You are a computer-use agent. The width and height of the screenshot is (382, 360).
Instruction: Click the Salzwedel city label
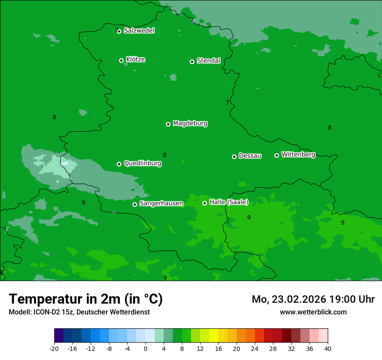pos(139,31)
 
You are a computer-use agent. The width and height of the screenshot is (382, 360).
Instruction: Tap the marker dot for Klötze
pos(121,60)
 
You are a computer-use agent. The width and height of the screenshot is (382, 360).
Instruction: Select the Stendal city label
pos(208,61)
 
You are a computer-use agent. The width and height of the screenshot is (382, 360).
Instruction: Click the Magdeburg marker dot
pos(168,124)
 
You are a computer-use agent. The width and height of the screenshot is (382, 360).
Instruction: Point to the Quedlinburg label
pos(142,164)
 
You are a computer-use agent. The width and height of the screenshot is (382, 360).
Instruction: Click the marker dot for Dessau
pos(234,157)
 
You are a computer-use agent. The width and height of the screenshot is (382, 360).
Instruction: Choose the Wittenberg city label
pos(298,155)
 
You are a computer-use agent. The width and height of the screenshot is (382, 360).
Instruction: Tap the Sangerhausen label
pos(161,203)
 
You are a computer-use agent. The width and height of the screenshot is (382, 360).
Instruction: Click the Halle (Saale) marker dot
pos(204,203)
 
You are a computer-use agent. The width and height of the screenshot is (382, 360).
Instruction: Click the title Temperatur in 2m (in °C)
pos(86,299)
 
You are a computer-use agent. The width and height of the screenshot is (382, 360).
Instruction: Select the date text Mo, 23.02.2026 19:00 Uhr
pos(313,299)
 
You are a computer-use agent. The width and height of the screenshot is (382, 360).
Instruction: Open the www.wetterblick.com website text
pos(313,312)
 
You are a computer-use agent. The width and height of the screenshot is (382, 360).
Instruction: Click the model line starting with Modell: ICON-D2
pos(79,312)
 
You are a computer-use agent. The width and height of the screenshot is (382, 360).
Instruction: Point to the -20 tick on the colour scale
pos(54,348)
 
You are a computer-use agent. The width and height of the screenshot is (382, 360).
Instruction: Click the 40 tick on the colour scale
pos(328,348)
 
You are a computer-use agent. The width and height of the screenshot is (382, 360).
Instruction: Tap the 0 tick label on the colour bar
pos(145,348)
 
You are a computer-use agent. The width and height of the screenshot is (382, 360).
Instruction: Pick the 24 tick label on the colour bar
pos(255,348)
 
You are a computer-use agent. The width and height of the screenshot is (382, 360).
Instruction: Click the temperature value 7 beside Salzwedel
pos(117,30)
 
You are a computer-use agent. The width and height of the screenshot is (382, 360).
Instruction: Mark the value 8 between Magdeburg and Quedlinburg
pos(165,155)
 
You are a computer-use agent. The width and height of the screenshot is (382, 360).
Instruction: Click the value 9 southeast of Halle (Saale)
pos(249,217)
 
